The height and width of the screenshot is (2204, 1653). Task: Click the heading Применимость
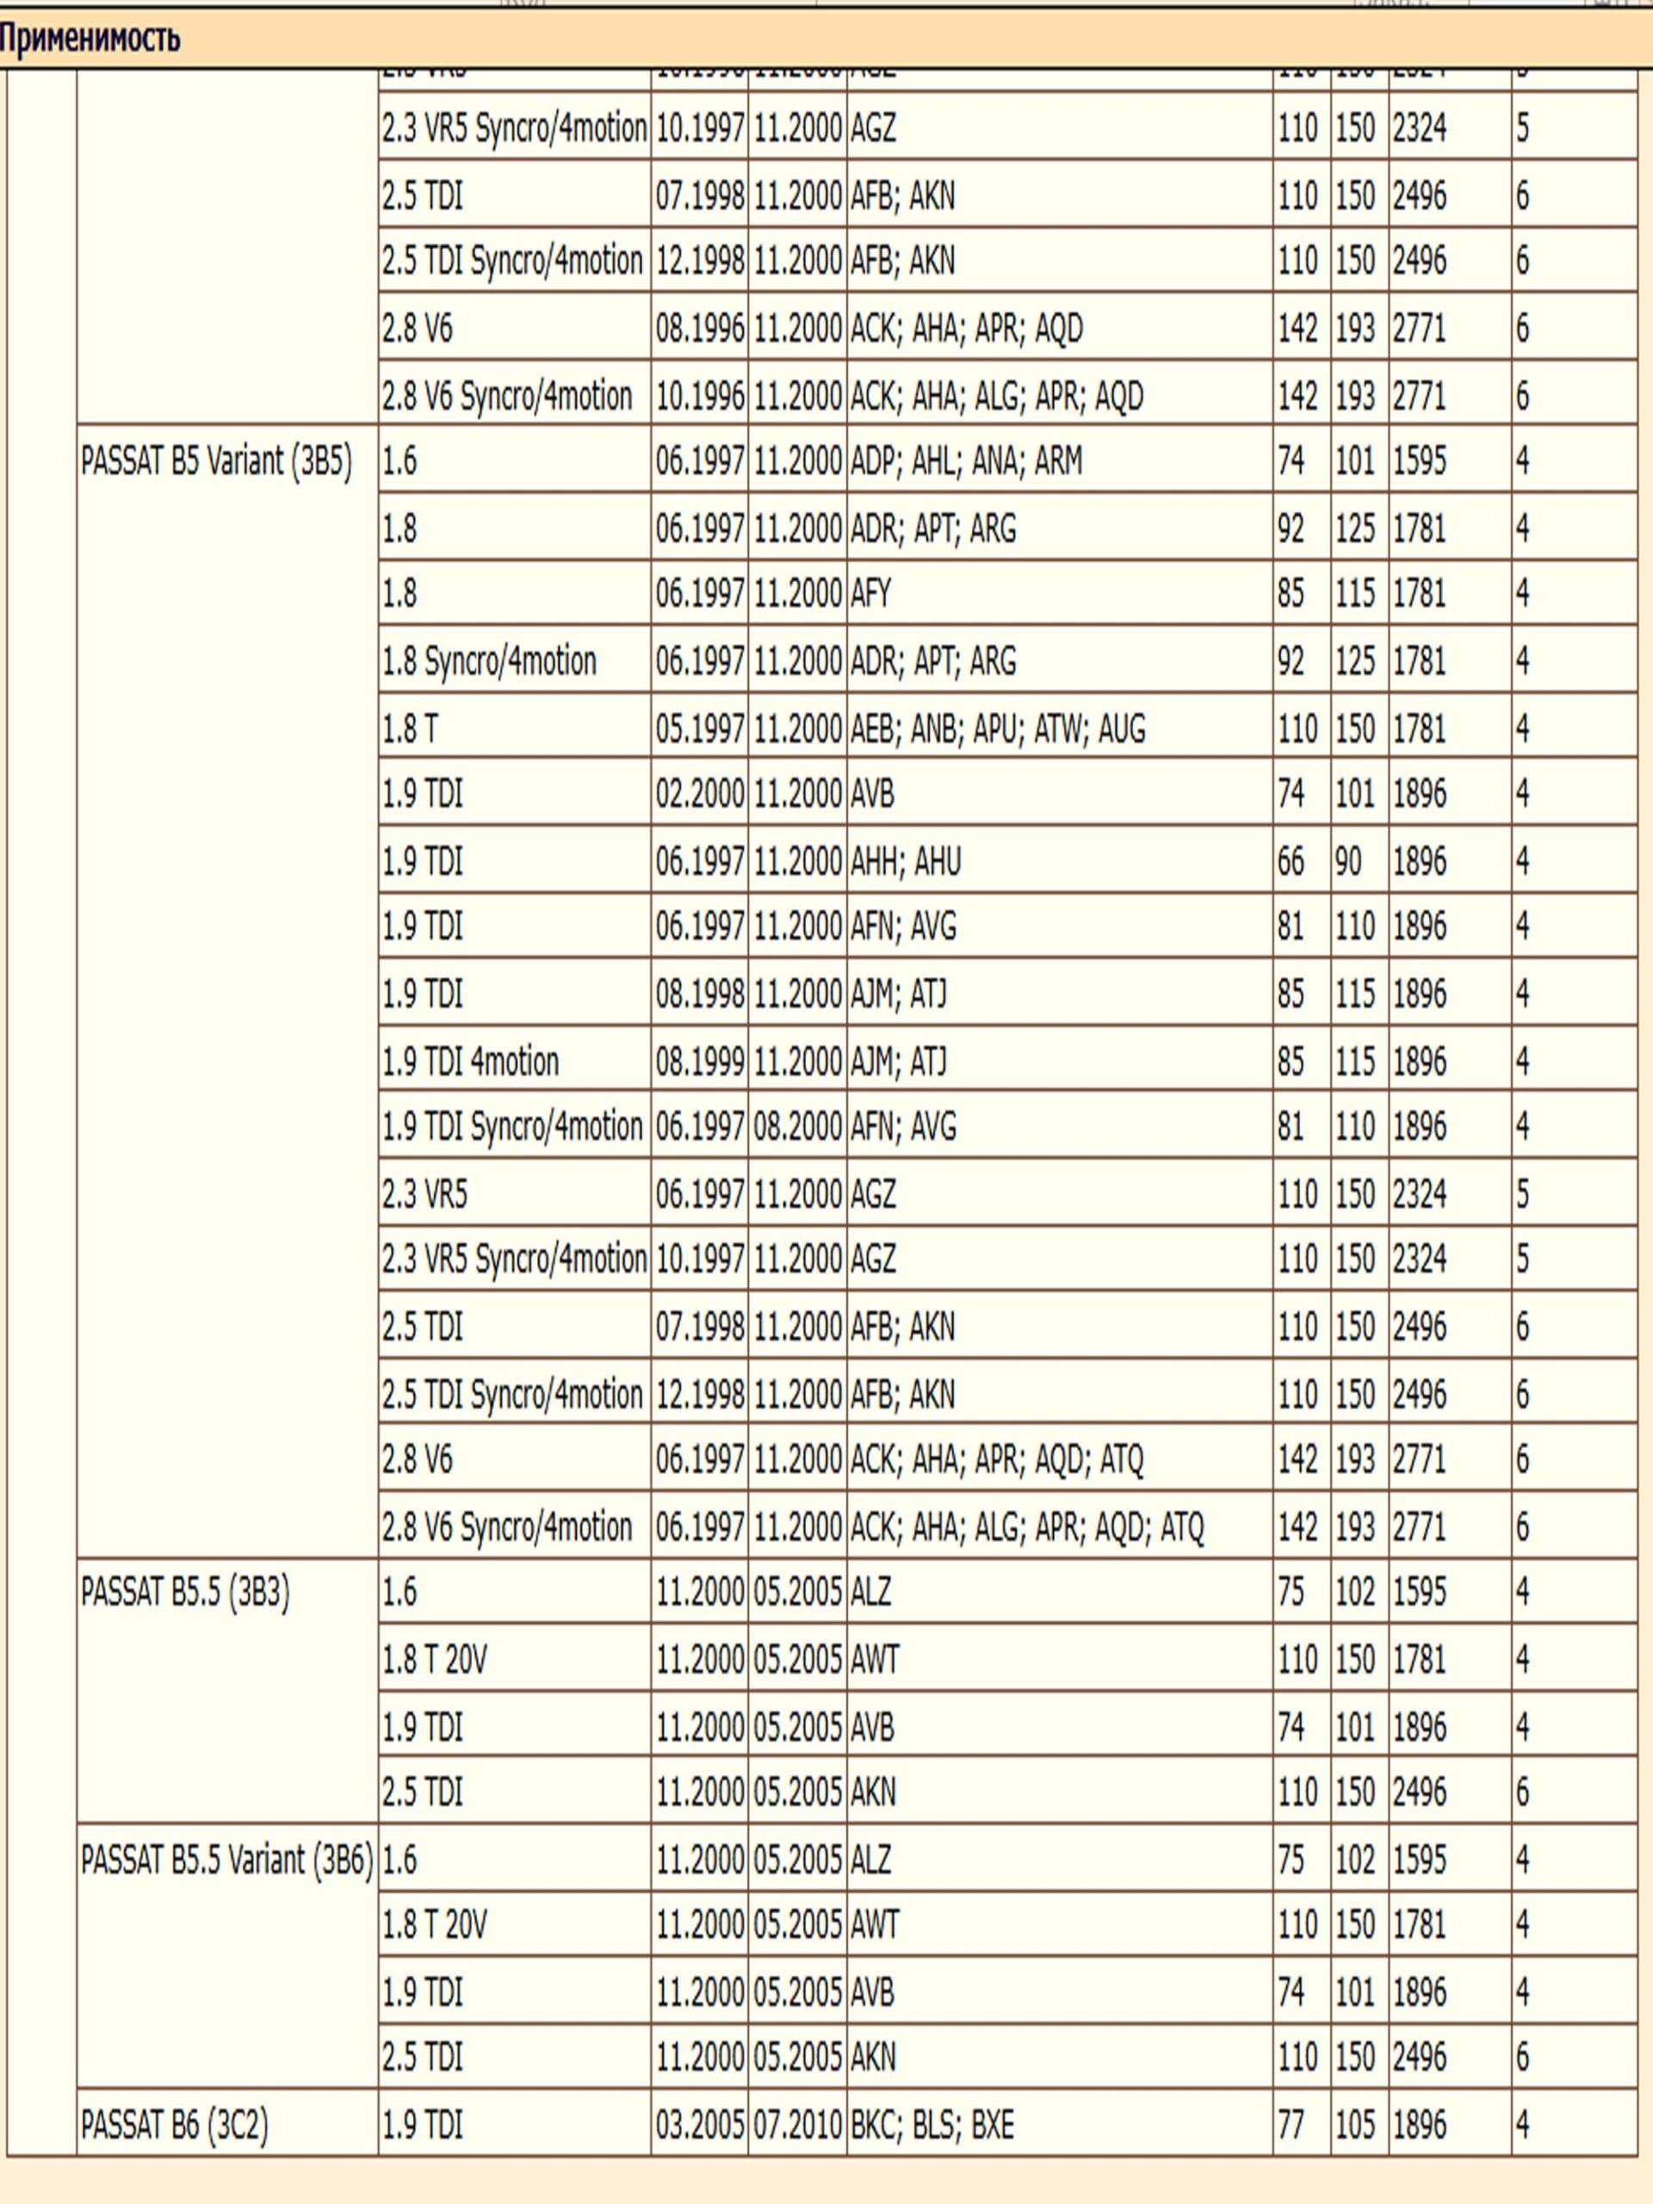(90, 38)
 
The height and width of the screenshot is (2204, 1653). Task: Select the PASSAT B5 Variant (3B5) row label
(216, 461)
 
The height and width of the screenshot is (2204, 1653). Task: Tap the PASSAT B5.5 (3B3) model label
(185, 1592)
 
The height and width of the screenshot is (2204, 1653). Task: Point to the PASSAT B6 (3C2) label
(176, 2126)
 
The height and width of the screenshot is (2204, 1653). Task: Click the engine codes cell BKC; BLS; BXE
(932, 2126)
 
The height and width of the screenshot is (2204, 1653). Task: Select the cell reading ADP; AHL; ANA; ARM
(965, 461)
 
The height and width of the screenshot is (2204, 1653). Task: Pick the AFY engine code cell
(871, 594)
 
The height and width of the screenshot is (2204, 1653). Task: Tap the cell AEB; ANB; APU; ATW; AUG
(997, 728)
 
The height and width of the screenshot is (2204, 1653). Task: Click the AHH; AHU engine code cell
(906, 861)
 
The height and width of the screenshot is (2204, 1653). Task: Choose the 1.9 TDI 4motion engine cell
(470, 1062)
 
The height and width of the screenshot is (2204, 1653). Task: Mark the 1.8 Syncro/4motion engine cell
(489, 660)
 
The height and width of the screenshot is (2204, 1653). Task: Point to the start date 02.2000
(699, 794)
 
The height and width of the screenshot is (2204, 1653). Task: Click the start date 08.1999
(699, 1062)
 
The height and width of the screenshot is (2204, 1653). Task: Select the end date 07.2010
(797, 2126)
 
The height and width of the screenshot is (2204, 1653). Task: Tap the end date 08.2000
(797, 1127)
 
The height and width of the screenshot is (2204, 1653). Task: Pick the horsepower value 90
(1348, 861)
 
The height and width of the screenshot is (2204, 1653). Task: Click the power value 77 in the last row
(1291, 2126)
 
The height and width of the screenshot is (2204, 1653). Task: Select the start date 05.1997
(699, 728)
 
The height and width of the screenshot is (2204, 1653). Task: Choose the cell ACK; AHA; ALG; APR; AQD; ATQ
(1026, 1526)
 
